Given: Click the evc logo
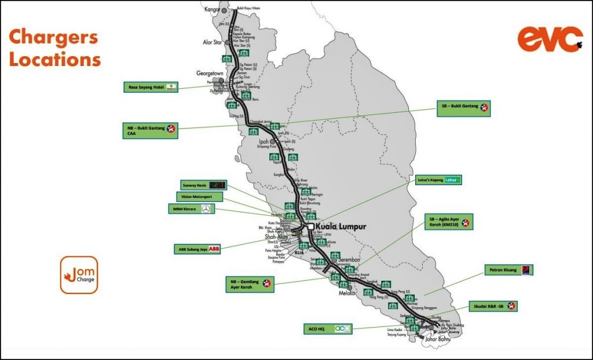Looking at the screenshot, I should pyautogui.click(x=550, y=39).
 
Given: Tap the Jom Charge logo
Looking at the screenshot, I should pyautogui.click(x=79, y=275).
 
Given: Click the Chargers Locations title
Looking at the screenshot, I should pyautogui.click(x=54, y=48).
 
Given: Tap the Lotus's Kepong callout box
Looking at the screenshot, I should pyautogui.click(x=438, y=180).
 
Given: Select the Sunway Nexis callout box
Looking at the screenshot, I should pyautogui.click(x=202, y=185).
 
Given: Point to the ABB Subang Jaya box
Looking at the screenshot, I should pyautogui.click(x=197, y=249).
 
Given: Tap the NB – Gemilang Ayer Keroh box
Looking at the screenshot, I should pyautogui.click(x=250, y=284).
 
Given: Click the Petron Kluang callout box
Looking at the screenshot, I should pyautogui.click(x=508, y=270).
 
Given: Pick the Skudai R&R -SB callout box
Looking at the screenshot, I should pyautogui.click(x=493, y=306).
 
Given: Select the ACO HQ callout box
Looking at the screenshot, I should pyautogui.click(x=327, y=329).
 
